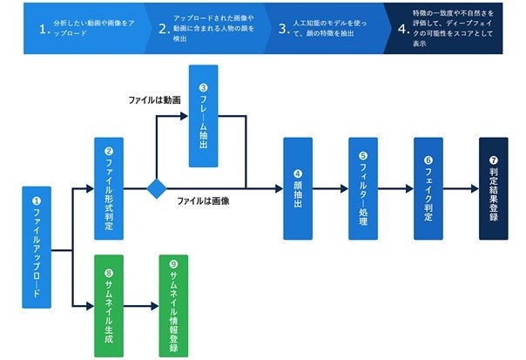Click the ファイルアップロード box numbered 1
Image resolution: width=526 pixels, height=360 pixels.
[36, 247]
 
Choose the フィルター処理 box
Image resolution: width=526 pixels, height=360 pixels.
[363, 188]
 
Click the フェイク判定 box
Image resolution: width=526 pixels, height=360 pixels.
[428, 188]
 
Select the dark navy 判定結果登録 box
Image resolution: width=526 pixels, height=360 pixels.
[493, 188]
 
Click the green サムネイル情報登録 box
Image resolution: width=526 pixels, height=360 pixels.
[173, 305]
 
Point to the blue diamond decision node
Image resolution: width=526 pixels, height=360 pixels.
[157, 188]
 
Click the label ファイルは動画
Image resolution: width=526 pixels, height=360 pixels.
[154, 100]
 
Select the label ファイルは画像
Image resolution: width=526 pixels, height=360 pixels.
[203, 201]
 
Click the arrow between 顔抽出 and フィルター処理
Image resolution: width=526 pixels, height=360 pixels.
[330, 188]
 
